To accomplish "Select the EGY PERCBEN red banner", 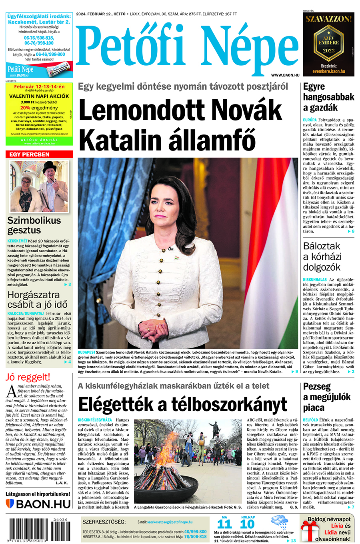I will (39, 154).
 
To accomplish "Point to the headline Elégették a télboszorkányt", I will (183, 404).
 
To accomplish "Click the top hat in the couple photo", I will (50, 166).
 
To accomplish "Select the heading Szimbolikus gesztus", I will (34, 225).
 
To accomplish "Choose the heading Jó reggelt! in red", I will (28, 377).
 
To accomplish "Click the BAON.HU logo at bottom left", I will (39, 504).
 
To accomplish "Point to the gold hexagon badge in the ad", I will (328, 44).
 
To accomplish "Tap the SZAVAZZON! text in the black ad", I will (328, 18).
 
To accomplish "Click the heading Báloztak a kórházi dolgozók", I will (322, 257).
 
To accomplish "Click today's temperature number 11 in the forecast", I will (224, 524).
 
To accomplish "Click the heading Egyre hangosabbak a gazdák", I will (328, 97).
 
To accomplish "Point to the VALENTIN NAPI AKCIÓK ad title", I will (39, 96).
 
